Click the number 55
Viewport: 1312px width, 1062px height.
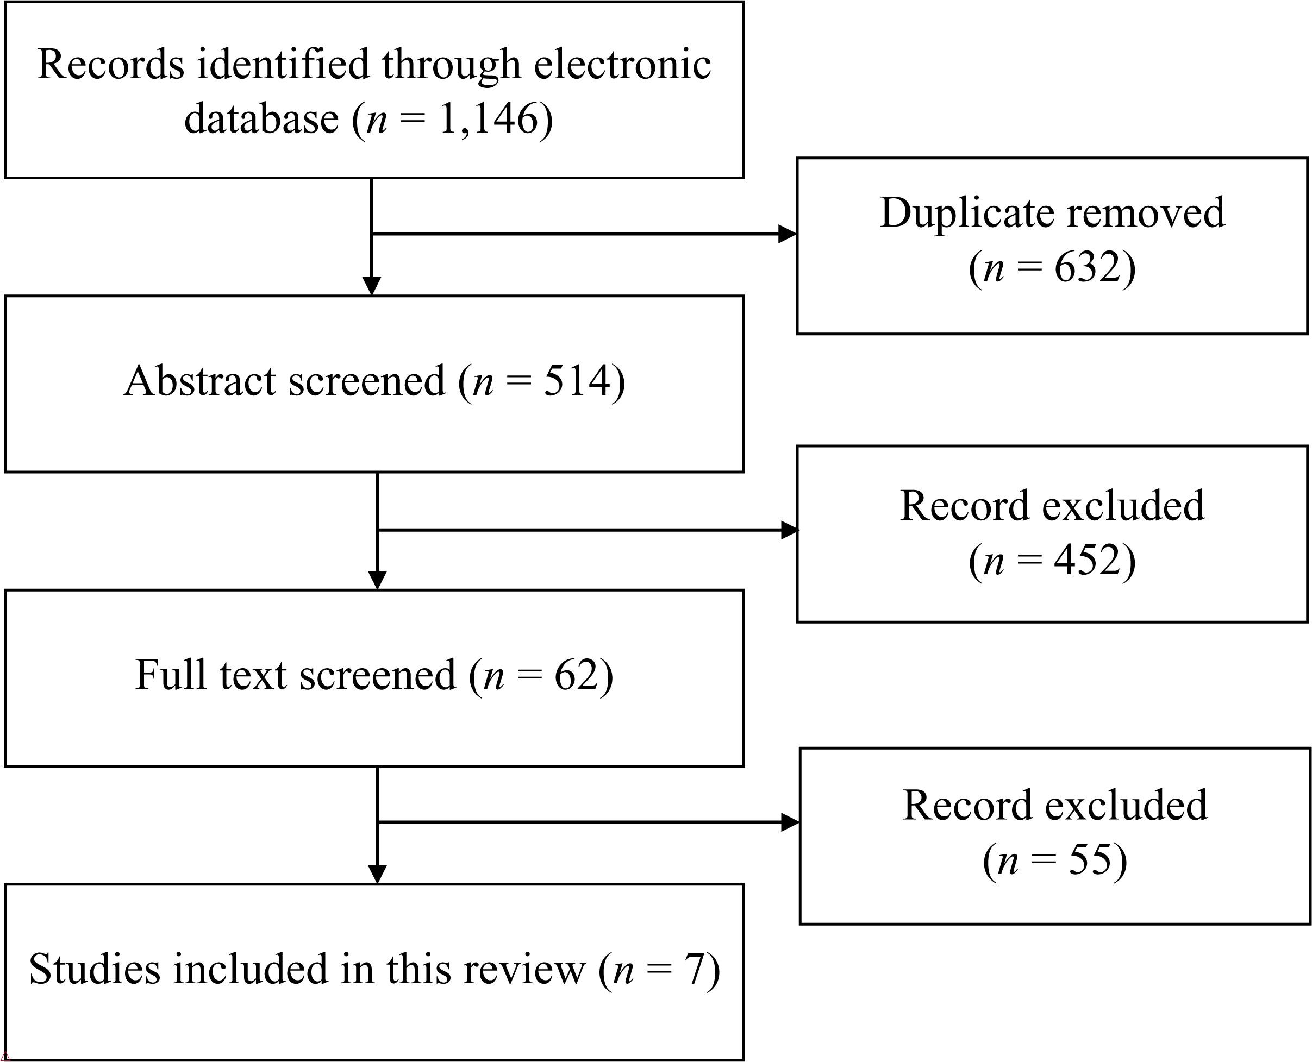coord(1090,858)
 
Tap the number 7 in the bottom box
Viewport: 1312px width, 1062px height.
coord(696,970)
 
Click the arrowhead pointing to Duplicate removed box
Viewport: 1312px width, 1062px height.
coord(788,234)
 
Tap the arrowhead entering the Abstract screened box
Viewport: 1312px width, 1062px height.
coord(372,286)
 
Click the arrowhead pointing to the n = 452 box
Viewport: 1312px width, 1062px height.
coord(790,530)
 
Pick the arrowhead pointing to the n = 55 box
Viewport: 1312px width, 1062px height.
coord(791,823)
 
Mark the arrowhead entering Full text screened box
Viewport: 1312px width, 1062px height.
coord(378,581)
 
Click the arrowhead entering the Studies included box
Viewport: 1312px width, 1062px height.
coord(378,875)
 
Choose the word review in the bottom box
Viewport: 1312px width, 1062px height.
coord(524,970)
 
